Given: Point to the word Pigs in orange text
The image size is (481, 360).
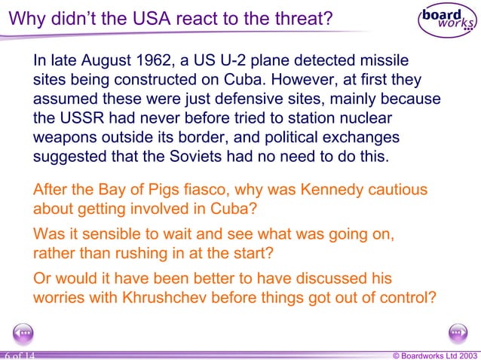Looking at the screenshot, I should [159, 190].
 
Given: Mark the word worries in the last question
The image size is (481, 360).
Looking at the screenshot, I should [59, 297].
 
